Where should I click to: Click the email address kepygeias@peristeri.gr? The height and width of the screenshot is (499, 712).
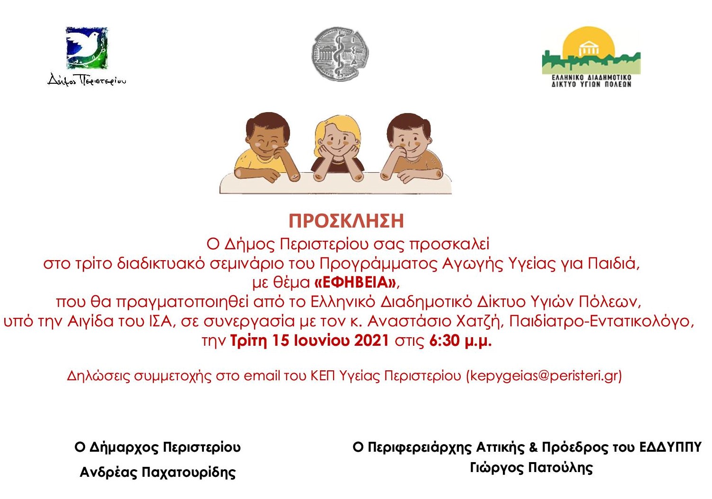pos(544,376)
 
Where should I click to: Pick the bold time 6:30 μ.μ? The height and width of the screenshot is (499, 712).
pos(460,341)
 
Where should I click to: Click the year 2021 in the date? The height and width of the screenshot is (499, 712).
pos(371,341)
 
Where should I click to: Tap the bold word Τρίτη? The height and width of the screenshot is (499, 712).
pos(248,341)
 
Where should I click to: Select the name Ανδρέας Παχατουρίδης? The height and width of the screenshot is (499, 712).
pos(158,472)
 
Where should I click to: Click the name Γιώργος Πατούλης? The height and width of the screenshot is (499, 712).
pos(531,468)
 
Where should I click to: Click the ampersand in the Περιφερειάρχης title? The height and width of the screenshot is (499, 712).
pos(533,447)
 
